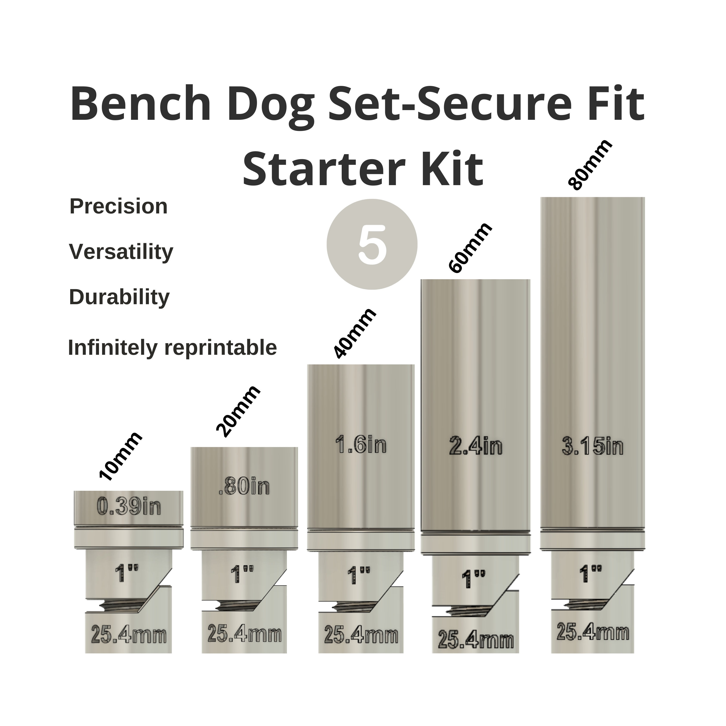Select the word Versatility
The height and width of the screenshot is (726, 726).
click(x=121, y=251)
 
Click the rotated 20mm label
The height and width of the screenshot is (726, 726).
click(x=238, y=411)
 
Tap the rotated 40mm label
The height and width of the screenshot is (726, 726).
click(x=354, y=333)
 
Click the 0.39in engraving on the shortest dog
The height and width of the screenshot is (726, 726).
click(x=129, y=506)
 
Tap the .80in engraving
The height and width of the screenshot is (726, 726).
click(x=244, y=487)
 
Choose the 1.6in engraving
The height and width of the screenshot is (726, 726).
click(x=361, y=445)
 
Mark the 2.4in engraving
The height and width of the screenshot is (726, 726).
click(x=475, y=446)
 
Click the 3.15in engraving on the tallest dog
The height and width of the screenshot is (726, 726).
click(x=593, y=447)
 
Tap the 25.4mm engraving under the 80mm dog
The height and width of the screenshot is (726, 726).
click(x=593, y=632)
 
